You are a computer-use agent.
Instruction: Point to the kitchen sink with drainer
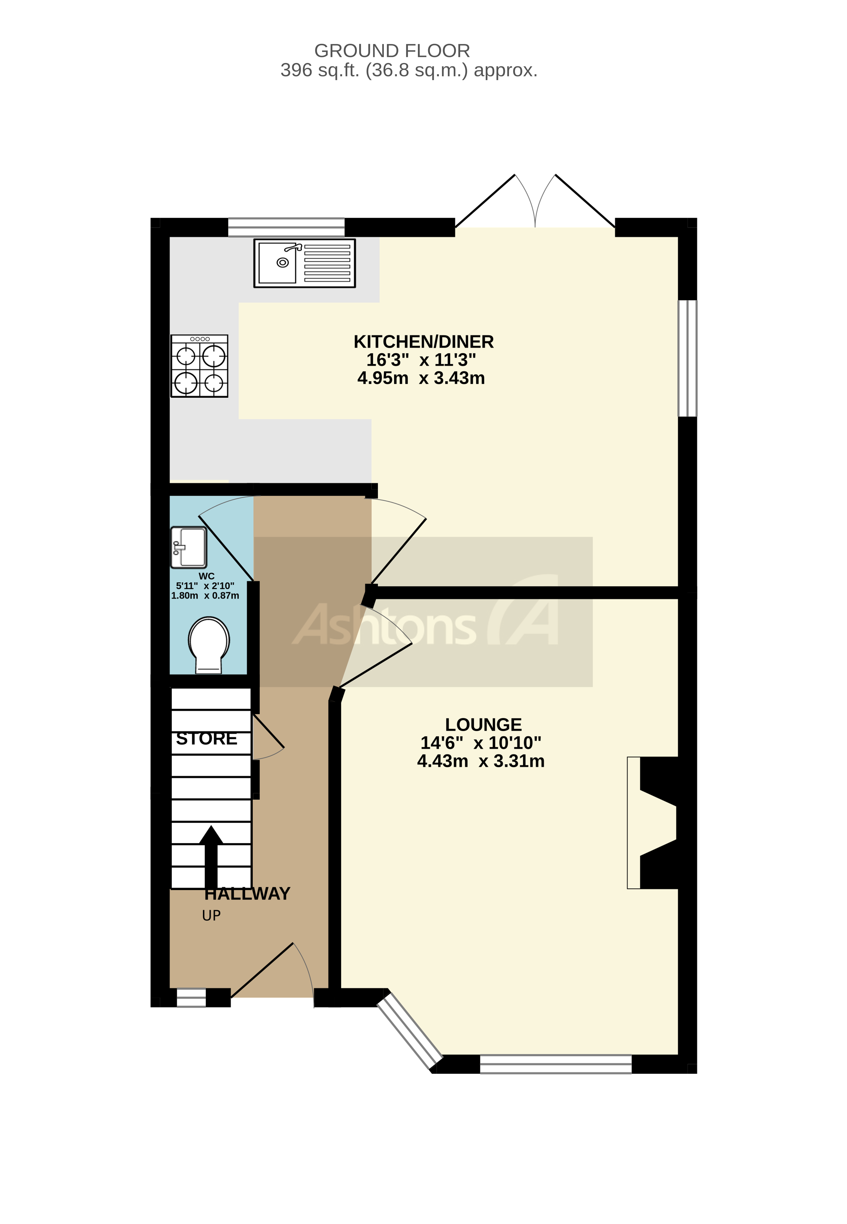(x=305, y=263)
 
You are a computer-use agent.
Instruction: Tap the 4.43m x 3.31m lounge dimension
(x=481, y=761)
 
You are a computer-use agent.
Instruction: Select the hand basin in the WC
(x=188, y=547)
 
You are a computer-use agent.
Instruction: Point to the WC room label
(x=206, y=576)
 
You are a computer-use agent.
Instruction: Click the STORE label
(x=206, y=739)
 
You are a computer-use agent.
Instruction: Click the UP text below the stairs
(x=211, y=916)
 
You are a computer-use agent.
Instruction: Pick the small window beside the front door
(x=191, y=998)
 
